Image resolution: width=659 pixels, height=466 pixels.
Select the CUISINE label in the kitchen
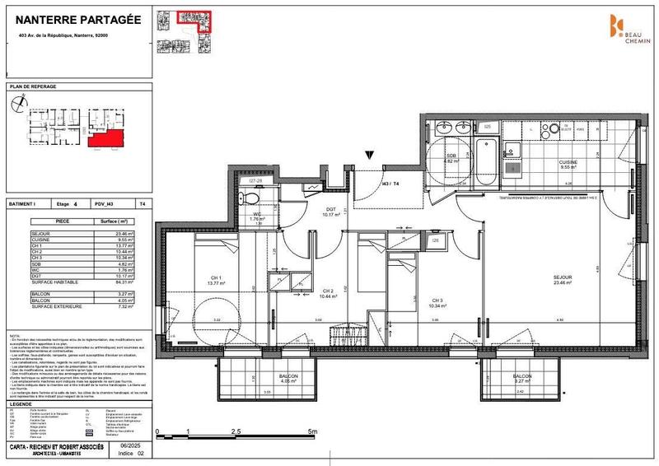point(568,162)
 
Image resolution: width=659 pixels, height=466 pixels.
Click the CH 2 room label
point(327,291)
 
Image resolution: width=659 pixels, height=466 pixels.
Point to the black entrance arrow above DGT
point(372,153)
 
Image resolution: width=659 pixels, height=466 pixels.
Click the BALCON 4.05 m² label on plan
point(266,380)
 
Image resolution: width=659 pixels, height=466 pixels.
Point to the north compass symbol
point(20,104)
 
